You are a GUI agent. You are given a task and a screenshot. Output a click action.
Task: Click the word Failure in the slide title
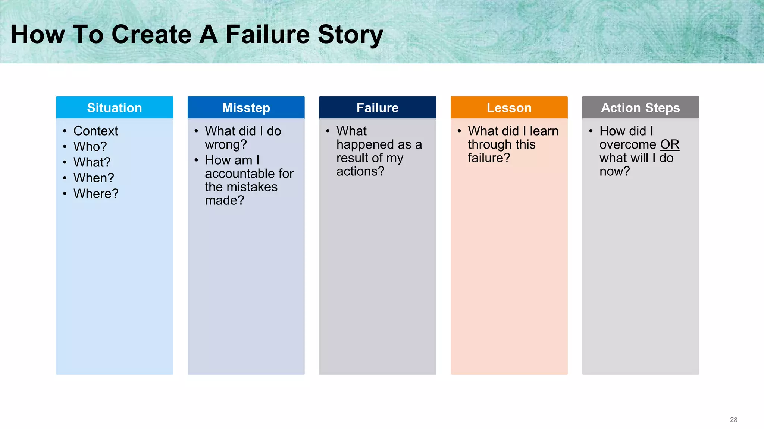coord(267,34)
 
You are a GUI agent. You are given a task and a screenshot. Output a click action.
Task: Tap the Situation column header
coord(115,108)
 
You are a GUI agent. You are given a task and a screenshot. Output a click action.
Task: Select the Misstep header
coord(246,108)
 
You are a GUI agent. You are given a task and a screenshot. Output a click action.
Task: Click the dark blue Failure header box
coord(378,108)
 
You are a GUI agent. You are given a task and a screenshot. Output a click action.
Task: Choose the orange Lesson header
coord(509,108)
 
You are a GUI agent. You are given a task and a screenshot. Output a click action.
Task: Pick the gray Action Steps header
coord(641,108)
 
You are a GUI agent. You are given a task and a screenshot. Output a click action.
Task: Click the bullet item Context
coord(95,131)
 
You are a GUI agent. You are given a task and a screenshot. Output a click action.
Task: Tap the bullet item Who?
coord(90,147)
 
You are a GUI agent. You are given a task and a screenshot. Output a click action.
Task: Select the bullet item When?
coord(94,178)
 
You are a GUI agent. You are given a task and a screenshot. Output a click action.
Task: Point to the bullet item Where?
coord(96,194)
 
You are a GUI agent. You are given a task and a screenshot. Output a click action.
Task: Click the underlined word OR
coord(670,144)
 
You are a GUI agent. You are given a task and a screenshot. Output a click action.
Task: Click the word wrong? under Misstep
coord(226,144)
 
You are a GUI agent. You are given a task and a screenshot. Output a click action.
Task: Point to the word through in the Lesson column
coord(488,144)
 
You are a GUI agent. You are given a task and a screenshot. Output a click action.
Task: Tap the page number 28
coord(733,420)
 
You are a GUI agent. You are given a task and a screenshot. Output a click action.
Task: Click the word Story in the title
coord(350,34)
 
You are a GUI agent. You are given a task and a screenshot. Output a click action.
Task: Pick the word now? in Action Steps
coord(614,171)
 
